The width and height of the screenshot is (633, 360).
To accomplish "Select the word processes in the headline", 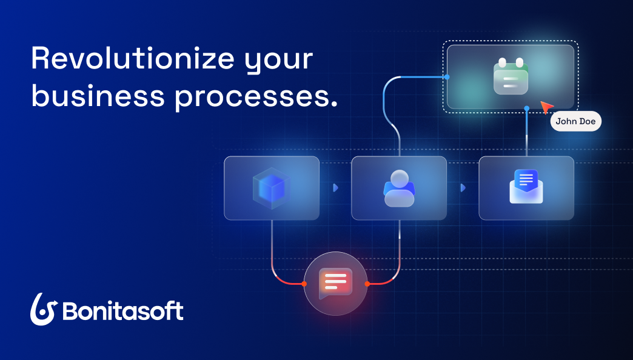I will click(256, 97).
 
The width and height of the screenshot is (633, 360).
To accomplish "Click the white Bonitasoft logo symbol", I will click(44, 310).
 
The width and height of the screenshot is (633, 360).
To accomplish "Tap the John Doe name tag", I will click(575, 121).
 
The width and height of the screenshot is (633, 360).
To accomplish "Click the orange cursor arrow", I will click(546, 107).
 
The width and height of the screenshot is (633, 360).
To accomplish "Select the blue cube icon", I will click(271, 188).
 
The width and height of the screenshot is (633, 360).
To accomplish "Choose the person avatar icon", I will click(399, 188).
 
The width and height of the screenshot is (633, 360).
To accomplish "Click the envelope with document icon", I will click(526, 186).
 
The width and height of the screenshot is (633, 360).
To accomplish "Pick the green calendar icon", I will click(511, 76).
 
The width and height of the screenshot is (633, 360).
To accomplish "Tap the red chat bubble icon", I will click(335, 282).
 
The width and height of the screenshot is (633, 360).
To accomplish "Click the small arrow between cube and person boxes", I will click(335, 188).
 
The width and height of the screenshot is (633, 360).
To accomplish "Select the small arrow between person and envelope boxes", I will click(463, 188).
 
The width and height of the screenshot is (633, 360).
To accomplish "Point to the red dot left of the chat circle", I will click(304, 283).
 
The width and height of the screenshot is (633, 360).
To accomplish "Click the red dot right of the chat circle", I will click(367, 283).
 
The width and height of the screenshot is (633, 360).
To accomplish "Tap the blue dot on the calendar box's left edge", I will click(447, 77).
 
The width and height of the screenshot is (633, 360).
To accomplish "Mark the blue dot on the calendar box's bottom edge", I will click(526, 108).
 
